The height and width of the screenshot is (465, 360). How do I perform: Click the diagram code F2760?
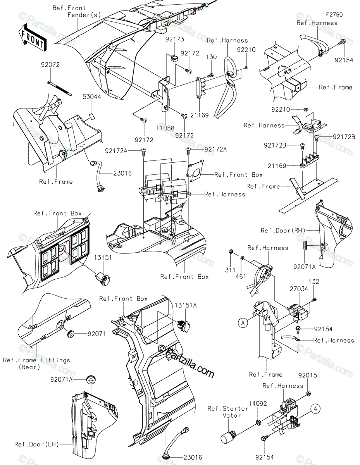coord(334,15)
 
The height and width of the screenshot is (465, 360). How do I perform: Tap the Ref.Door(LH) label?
coord(36,444)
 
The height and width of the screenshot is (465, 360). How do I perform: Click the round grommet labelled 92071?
coord(71,332)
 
